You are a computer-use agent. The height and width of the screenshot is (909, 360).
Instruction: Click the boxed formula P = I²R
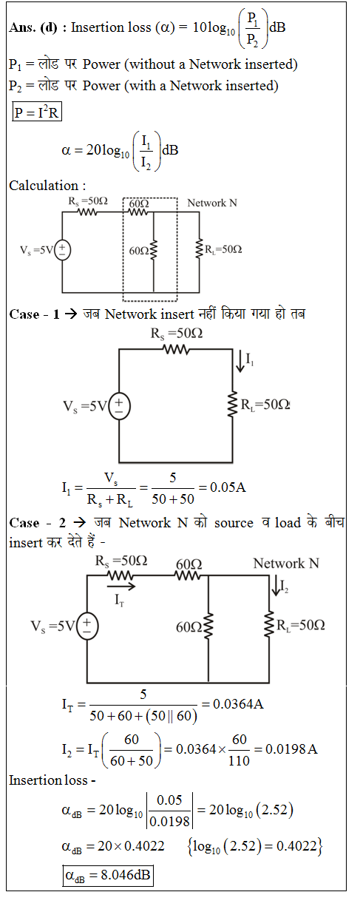click(37, 112)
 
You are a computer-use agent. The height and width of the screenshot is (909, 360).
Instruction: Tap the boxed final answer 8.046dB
click(108, 876)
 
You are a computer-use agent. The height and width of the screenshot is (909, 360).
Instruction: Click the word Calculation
click(44, 186)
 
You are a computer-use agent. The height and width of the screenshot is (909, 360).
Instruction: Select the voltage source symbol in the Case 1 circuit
click(119, 406)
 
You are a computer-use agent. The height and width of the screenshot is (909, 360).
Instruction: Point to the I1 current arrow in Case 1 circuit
click(240, 361)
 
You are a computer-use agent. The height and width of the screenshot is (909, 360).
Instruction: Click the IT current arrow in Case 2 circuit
click(121, 586)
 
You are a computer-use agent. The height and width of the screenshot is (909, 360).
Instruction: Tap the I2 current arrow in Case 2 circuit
click(276, 585)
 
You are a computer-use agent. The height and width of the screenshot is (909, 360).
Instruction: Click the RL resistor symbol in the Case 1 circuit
click(232, 404)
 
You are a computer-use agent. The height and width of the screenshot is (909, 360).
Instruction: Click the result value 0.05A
click(228, 487)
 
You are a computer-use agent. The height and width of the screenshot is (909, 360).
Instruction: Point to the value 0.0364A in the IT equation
click(238, 704)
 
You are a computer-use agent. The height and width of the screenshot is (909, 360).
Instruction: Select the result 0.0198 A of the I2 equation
click(291, 749)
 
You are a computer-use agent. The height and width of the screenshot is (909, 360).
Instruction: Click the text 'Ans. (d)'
click(33, 27)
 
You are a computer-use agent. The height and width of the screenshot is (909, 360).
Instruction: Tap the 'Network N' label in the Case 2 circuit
click(286, 564)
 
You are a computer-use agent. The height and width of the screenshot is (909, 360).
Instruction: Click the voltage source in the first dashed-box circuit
click(62, 250)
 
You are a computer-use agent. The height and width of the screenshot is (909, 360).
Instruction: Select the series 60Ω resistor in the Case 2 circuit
click(188, 575)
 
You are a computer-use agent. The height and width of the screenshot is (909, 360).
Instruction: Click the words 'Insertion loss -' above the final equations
click(52, 780)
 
